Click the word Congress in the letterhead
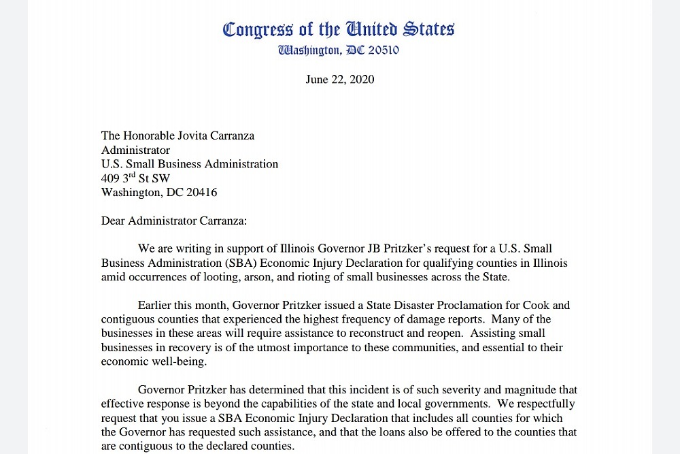(258, 29)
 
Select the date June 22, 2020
(340, 80)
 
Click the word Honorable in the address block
(149, 135)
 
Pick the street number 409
(110, 178)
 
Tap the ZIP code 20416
(201, 193)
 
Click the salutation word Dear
(113, 221)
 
